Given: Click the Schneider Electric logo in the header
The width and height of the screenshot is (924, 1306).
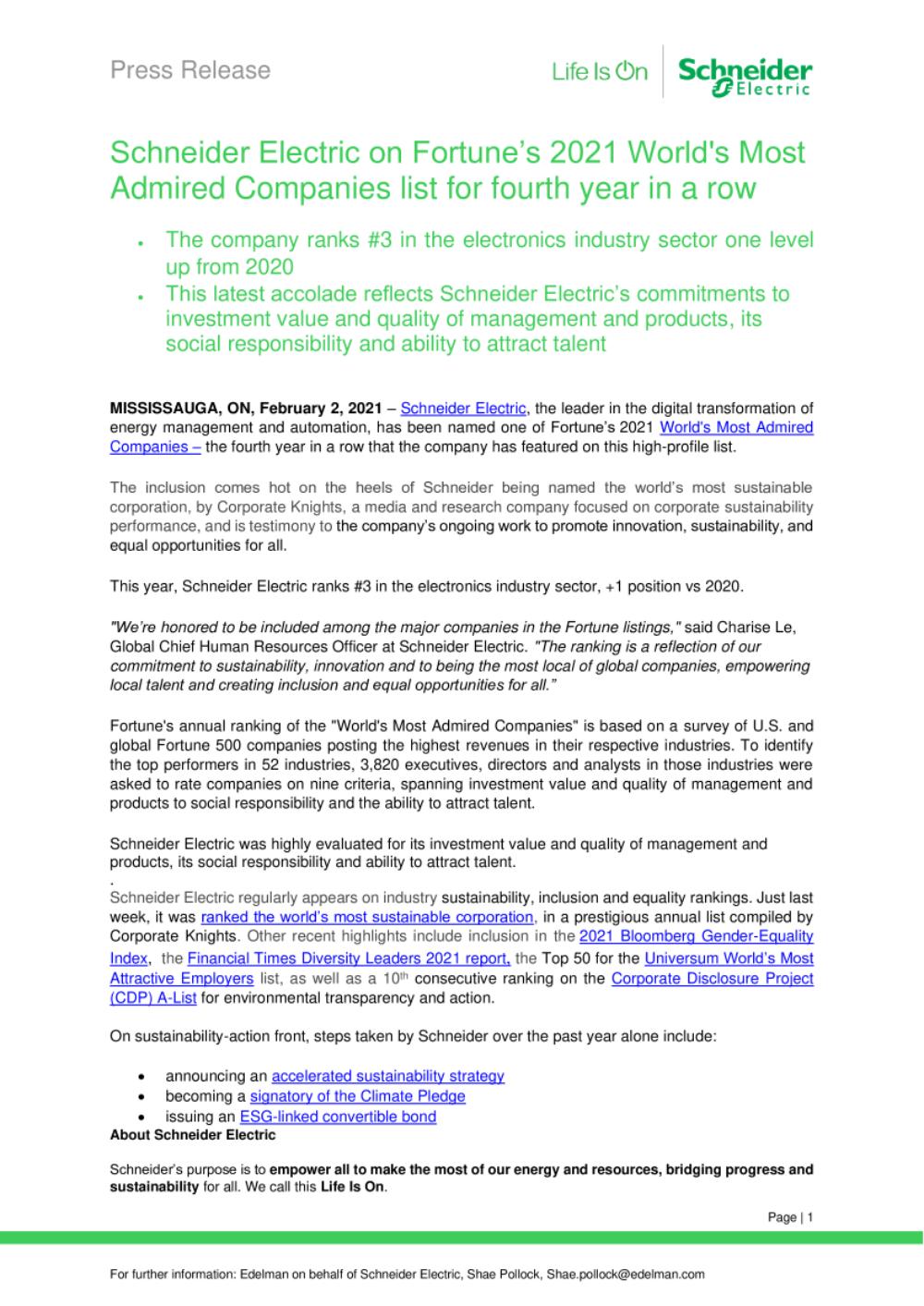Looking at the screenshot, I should [745, 75].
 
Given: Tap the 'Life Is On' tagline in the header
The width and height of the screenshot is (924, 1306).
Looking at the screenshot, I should [600, 71].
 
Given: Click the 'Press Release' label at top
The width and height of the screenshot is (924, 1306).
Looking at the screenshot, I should [190, 70].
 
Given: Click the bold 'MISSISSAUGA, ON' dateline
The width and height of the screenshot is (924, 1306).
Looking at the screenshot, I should [181, 408].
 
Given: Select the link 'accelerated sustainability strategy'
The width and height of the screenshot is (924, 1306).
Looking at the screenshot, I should [388, 1076].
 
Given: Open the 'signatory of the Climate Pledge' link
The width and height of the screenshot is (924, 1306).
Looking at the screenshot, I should [358, 1096].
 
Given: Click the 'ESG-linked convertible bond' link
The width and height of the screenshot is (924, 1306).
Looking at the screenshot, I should [337, 1117].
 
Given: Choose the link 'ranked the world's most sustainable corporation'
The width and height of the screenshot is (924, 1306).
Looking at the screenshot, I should [367, 917].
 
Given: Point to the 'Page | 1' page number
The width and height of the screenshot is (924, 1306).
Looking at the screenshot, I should [790, 1217].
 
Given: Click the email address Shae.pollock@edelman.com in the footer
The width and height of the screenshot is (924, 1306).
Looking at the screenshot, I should [626, 1274].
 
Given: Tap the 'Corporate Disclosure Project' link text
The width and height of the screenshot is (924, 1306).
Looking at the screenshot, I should [712, 978].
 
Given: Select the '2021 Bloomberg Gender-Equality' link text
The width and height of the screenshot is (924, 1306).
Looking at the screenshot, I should [697, 937].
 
